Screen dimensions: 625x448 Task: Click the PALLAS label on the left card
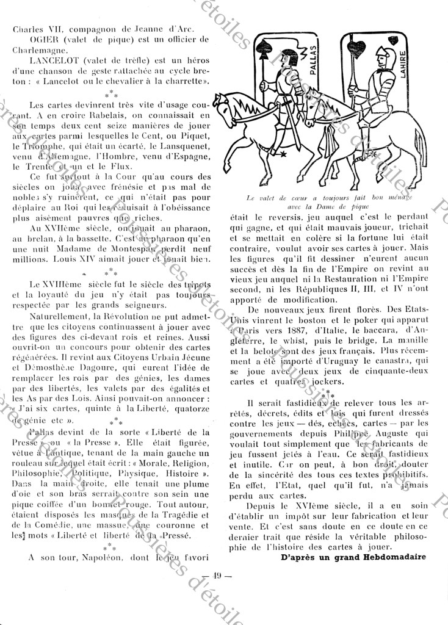tap(313, 59)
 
